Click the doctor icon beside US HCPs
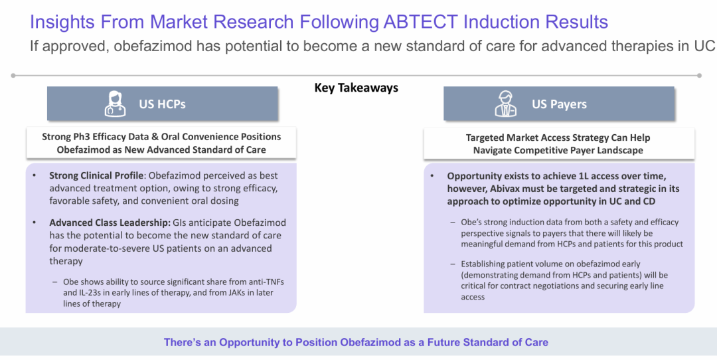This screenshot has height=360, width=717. click(x=115, y=104)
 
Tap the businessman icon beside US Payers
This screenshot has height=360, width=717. click(x=506, y=104)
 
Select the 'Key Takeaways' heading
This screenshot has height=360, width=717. click(x=357, y=88)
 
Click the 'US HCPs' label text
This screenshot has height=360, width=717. click(x=163, y=104)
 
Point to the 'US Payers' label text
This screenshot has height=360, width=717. click(x=559, y=104)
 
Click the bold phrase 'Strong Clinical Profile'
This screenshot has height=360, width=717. click(x=96, y=175)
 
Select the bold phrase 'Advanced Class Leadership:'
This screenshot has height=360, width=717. click(x=110, y=223)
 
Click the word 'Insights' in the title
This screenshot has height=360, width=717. click(x=62, y=22)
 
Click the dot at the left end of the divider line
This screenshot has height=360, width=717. click(x=13, y=76)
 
